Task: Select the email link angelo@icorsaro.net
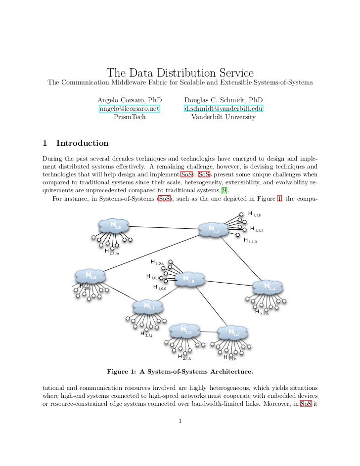[x=130, y=108]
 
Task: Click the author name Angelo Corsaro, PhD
[x=130, y=99]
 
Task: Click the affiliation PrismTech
[x=130, y=117]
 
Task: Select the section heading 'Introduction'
[x=82, y=143]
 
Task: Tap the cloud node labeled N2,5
[x=114, y=227]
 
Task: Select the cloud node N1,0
[x=188, y=280]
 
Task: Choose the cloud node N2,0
[x=90, y=276]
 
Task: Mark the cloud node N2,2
[x=184, y=331]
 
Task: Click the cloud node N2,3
[x=233, y=333]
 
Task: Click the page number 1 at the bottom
[x=180, y=421]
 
